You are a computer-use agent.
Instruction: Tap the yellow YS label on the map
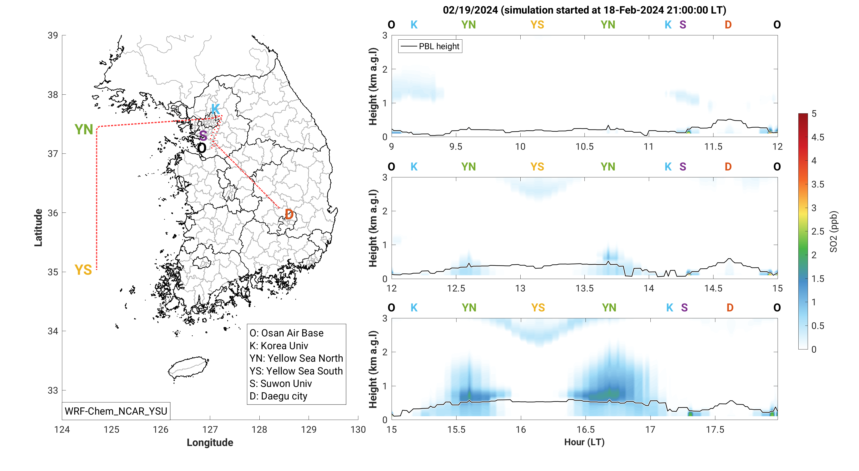83,270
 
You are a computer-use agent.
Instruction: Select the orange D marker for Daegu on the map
289,214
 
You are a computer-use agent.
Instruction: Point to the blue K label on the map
215,109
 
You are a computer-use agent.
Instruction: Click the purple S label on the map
203,136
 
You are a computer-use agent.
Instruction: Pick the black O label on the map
201,148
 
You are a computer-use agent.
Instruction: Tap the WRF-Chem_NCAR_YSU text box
116,411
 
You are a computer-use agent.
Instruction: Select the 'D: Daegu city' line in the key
279,396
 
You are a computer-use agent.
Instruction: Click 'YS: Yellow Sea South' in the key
296,371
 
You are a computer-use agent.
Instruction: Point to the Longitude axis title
210,442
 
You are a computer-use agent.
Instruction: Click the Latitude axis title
38,228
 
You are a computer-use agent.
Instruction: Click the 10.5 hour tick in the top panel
584,147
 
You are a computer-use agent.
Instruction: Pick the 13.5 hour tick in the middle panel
584,288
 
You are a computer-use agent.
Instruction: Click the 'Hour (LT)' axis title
584,442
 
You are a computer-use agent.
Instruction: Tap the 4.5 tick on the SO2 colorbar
818,137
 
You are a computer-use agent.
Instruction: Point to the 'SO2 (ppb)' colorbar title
833,231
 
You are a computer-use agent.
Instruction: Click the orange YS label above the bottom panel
538,307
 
